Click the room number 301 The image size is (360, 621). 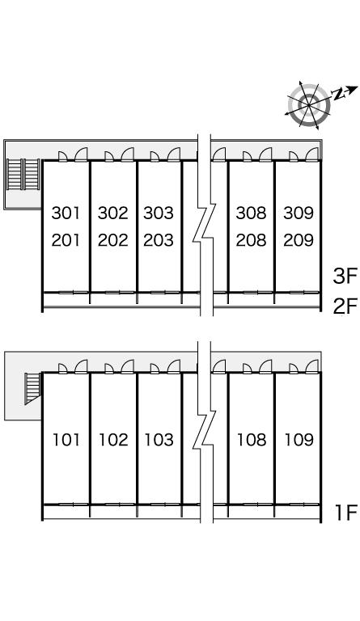click(66, 213)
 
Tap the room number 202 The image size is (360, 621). click(113, 240)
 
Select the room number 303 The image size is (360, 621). click(159, 213)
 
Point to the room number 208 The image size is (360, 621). click(251, 240)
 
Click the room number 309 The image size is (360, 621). click(299, 213)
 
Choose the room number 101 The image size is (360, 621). click(66, 440)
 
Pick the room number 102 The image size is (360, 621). click(113, 440)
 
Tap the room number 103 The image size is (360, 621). click(159, 440)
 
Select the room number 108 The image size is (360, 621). click(252, 440)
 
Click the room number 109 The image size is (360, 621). click(299, 440)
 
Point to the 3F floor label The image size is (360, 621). click(345, 276)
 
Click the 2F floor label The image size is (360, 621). click(345, 306)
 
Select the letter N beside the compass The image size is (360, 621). click(338, 94)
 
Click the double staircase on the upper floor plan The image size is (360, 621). click(23, 175)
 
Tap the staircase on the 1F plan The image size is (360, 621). click(33, 388)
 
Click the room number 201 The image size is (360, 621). click(66, 240)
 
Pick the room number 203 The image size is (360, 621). click(159, 240)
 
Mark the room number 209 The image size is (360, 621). click(299, 240)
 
